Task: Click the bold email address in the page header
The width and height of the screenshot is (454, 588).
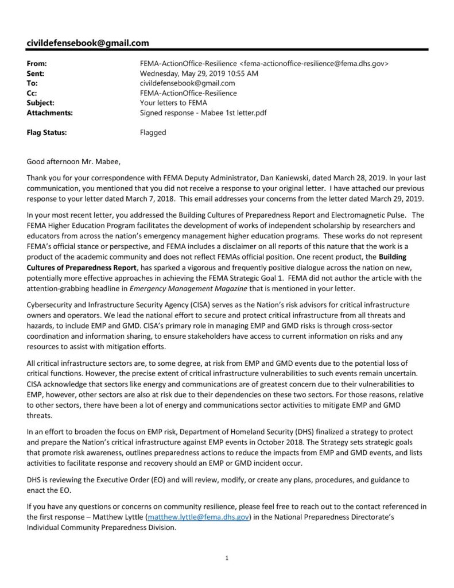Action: point(88,42)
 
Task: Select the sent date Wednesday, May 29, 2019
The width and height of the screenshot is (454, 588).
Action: point(199,73)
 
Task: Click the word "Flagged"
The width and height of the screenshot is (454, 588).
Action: point(153,132)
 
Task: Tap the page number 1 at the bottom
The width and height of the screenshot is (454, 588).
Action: point(227,558)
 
